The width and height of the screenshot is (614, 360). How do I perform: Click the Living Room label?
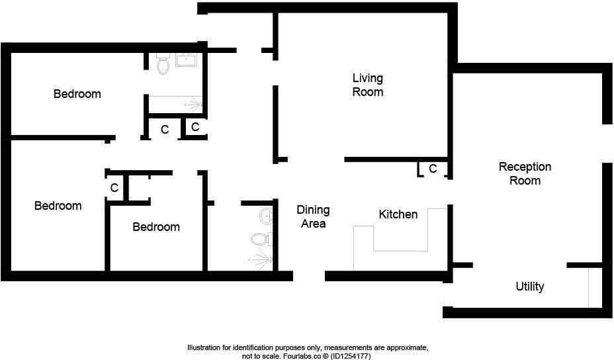tap(367, 85)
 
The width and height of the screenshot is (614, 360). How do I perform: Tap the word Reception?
tap(525, 167)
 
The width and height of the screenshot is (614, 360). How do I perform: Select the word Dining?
tap(313, 210)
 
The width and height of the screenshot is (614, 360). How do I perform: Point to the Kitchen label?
tap(398, 214)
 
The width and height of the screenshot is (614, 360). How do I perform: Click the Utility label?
tap(529, 287)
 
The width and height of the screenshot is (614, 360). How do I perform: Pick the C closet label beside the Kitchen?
tap(433, 169)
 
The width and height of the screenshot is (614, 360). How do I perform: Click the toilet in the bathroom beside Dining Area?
tap(261, 239)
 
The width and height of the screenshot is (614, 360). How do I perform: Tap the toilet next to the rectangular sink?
tap(163, 64)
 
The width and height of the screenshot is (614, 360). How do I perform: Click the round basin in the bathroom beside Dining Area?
tap(266, 216)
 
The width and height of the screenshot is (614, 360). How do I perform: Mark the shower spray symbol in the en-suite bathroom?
tap(194, 104)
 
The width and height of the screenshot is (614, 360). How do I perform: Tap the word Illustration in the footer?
tap(207, 347)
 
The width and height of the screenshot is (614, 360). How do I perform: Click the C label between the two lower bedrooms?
tap(114, 188)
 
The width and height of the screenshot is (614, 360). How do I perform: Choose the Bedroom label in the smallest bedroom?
tap(156, 227)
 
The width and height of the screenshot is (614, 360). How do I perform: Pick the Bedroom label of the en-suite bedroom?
tap(77, 94)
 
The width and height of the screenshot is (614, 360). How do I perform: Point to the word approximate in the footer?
tap(398, 347)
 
